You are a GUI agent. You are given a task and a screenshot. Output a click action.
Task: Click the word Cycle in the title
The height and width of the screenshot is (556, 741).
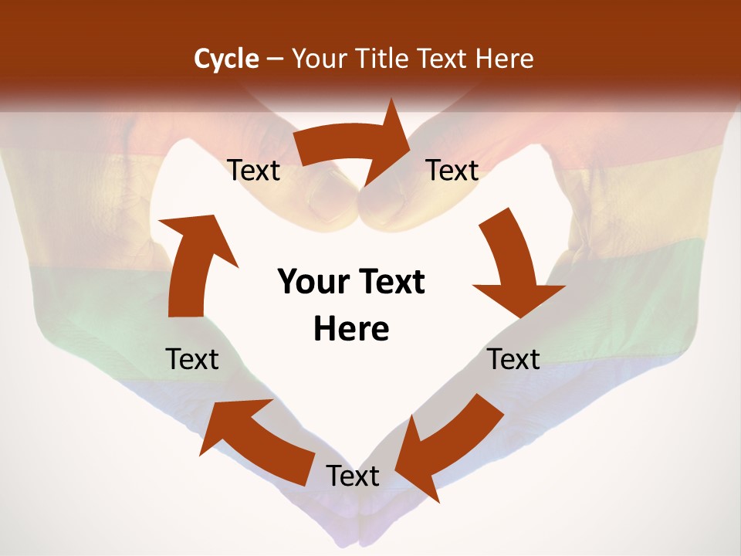pos(226,59)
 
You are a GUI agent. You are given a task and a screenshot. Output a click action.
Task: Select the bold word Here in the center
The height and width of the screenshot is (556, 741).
pos(351,329)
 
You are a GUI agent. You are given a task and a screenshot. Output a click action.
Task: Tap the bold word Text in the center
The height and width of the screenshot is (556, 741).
pos(389,282)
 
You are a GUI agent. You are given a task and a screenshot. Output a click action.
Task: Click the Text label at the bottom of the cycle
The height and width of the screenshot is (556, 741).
pos(353,476)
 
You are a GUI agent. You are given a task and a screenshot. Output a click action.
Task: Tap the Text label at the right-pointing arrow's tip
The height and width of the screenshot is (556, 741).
pos(452,170)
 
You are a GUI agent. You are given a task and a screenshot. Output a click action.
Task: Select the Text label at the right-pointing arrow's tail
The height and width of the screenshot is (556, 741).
pos(253,170)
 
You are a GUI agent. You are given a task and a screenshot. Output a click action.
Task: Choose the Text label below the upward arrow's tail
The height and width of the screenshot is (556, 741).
pos(192,359)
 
